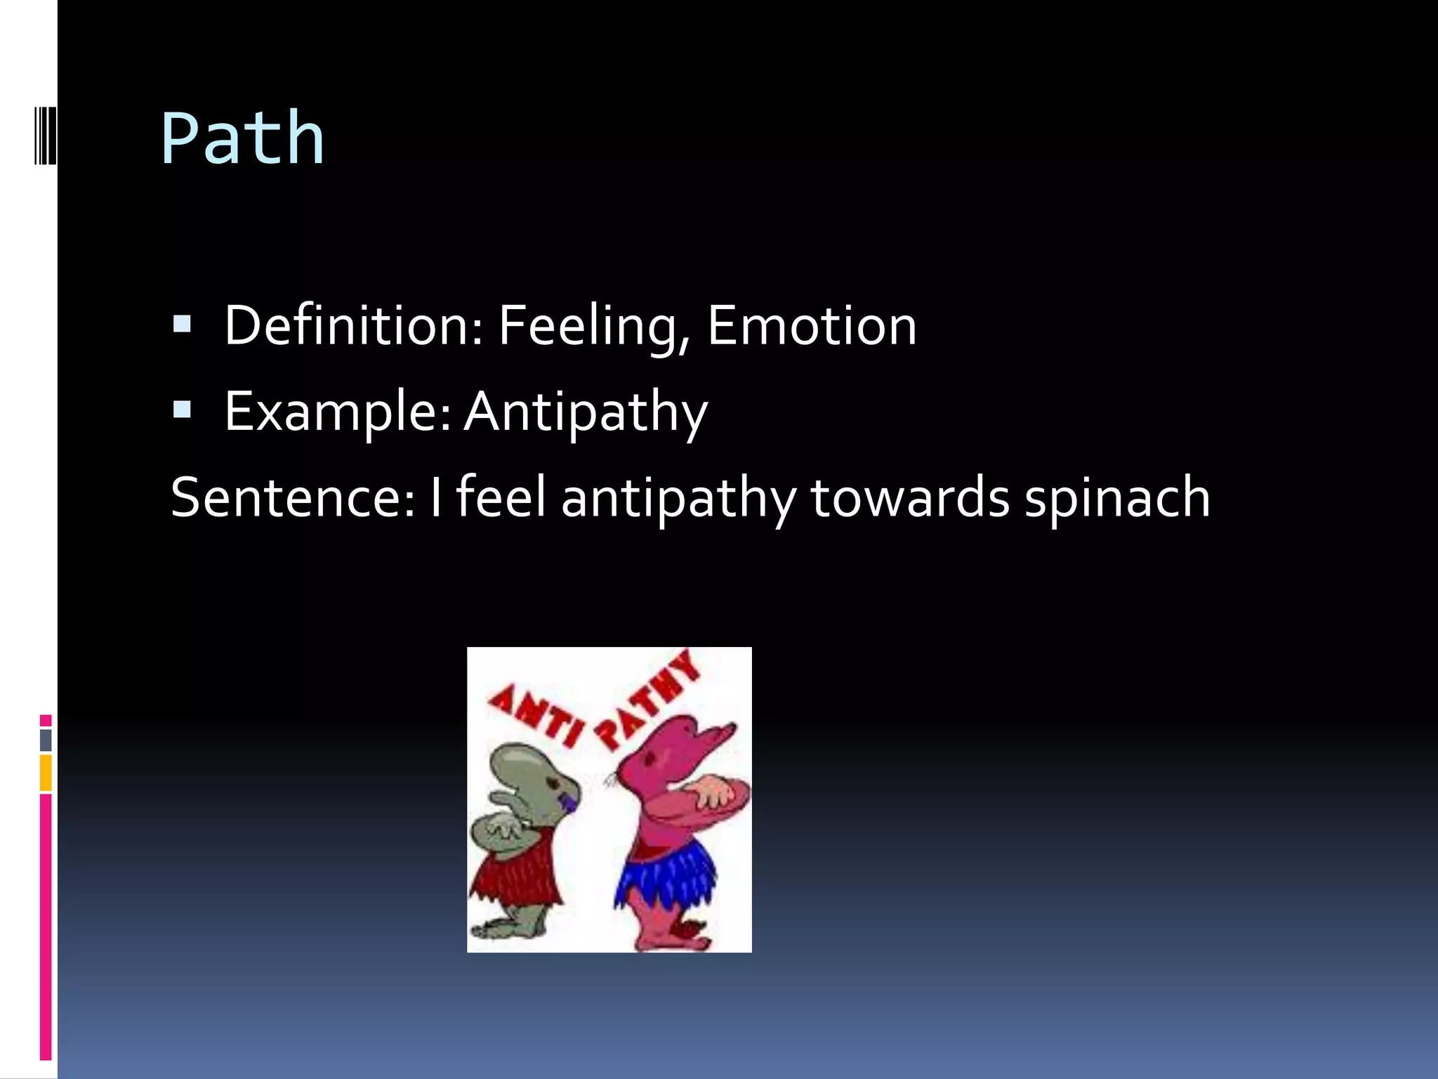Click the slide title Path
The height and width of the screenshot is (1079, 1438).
242,138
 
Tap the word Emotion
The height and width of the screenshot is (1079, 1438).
812,325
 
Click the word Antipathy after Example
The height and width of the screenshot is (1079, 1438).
586,412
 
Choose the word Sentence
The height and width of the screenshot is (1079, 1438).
292,497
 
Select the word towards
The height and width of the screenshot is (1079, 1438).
910,497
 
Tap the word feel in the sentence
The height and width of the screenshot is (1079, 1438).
501,496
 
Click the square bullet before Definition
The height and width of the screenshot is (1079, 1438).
182,324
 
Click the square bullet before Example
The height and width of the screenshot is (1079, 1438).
182,410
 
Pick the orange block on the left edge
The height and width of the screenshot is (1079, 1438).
46,773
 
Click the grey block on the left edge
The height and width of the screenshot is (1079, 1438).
46,740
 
